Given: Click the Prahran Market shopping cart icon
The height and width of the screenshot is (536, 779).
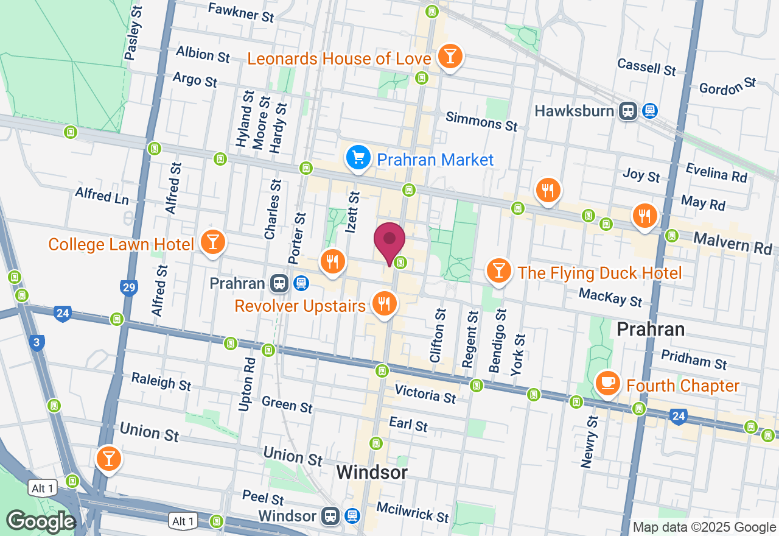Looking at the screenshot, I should click(358, 158).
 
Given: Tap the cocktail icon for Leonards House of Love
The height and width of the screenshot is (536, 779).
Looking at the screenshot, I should click(450, 56).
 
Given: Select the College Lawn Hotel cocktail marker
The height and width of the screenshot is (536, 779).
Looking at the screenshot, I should click(212, 242).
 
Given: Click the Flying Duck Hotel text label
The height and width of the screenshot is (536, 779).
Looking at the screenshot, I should click(599, 273).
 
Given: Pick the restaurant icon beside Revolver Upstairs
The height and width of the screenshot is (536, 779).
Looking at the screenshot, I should click(383, 303).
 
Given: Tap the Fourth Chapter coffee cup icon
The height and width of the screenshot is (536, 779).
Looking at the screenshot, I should click(607, 383).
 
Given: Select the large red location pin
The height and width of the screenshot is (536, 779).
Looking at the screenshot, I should click(389, 242).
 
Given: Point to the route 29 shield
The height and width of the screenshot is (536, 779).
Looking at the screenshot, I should click(129, 287).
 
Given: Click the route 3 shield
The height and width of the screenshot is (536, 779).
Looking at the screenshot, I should click(37, 342).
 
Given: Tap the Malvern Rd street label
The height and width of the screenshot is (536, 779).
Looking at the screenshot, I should click(733, 243).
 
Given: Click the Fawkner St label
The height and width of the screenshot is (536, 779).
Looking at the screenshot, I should click(241, 12).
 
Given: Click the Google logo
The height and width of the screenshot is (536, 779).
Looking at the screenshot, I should click(41, 521).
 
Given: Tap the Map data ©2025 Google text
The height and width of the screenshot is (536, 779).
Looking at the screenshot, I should click(704, 527).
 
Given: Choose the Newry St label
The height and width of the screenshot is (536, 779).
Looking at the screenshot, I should click(589, 442).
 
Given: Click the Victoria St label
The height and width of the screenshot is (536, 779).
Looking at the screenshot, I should click(425, 394).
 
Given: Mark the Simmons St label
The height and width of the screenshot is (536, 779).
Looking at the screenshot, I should click(481, 121).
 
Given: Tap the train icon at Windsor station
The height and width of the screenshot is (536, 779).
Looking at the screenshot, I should click(330, 517).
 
